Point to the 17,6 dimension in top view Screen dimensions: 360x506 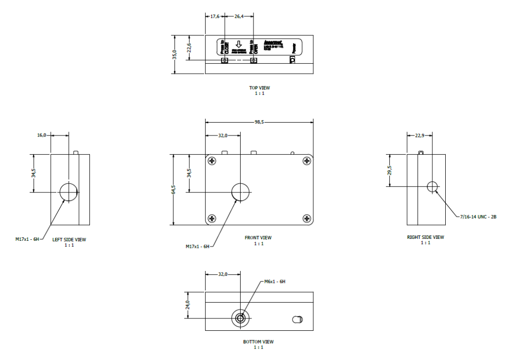[x=214, y=16]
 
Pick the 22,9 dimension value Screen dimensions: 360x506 [x=419, y=135]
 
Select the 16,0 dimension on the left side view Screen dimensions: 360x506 [x=42, y=135]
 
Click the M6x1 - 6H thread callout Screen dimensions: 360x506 [x=275, y=281]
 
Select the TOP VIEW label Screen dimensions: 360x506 [x=259, y=88]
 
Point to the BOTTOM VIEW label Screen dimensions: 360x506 [x=258, y=342]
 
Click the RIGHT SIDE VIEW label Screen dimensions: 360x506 [x=425, y=237]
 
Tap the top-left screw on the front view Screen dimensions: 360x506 [x=212, y=161]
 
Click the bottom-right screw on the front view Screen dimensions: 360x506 [x=307, y=218]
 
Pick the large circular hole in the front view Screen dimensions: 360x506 [x=241, y=192]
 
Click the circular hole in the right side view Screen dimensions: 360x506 [x=432, y=186]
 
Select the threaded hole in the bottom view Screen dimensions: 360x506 [x=241, y=318]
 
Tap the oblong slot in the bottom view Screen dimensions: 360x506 [x=297, y=319]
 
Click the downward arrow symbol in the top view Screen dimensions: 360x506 [x=238, y=45]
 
